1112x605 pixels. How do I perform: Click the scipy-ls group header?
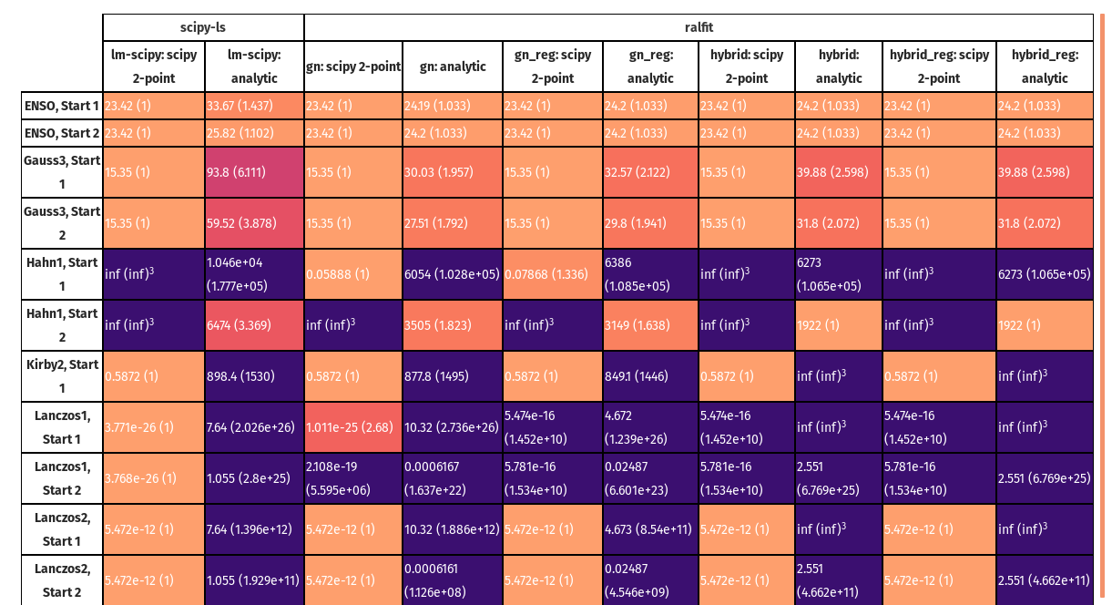(x=203, y=27)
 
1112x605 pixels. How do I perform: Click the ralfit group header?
(x=698, y=27)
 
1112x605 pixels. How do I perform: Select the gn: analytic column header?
(x=453, y=67)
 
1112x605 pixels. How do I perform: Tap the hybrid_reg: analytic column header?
(x=1045, y=67)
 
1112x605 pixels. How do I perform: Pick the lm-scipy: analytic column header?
(x=254, y=67)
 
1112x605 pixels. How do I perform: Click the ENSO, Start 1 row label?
(x=62, y=106)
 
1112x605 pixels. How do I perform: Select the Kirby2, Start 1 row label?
(x=62, y=376)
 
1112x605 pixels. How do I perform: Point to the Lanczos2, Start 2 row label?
(x=62, y=580)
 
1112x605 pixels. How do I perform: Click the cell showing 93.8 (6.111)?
(x=254, y=172)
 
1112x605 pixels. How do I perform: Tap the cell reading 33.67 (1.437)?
(x=254, y=106)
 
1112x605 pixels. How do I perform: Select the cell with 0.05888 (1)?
(x=353, y=274)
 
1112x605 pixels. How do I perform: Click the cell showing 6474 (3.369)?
(x=254, y=325)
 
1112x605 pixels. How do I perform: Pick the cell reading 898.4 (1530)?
(x=254, y=376)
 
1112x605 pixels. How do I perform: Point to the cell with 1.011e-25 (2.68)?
(x=353, y=427)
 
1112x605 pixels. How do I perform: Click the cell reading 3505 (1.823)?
(x=453, y=325)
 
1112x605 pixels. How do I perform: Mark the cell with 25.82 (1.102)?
(x=254, y=133)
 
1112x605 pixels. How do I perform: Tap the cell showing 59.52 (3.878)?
(x=254, y=223)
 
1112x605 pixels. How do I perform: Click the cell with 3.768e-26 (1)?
(x=153, y=478)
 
